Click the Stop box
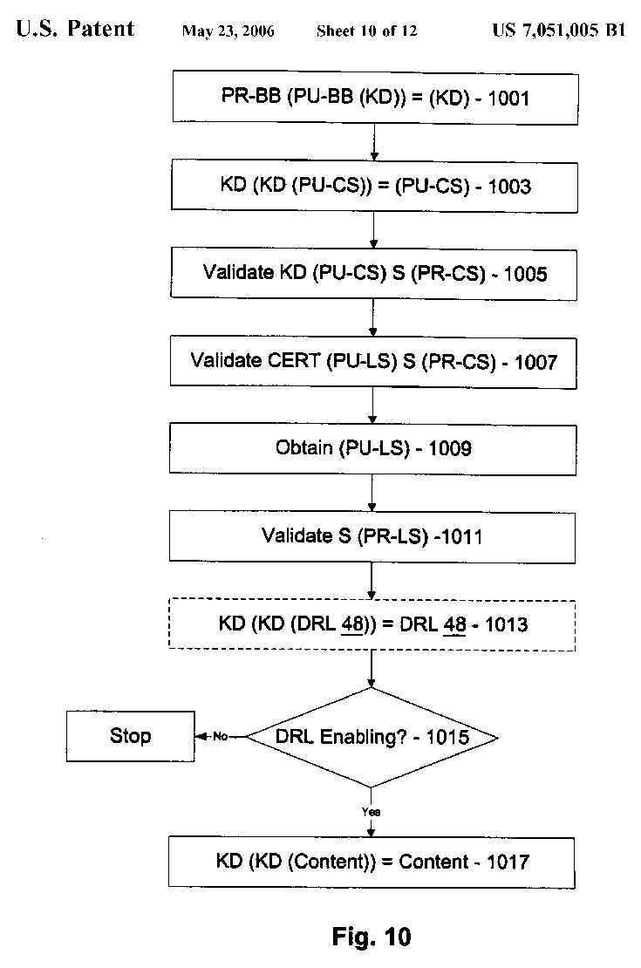tap(130, 736)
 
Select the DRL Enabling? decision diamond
tap(372, 738)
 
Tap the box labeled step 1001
tap(375, 97)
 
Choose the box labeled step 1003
tap(375, 186)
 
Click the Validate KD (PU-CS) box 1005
tap(375, 273)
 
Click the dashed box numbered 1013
tap(373, 624)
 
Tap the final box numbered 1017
tap(373, 862)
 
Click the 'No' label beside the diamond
tap(220, 737)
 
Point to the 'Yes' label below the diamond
tap(372, 812)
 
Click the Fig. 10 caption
tap(372, 937)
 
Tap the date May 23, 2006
tap(228, 31)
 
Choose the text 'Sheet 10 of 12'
tap(366, 31)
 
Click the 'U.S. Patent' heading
tap(75, 30)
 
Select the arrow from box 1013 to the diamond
tap(372, 667)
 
